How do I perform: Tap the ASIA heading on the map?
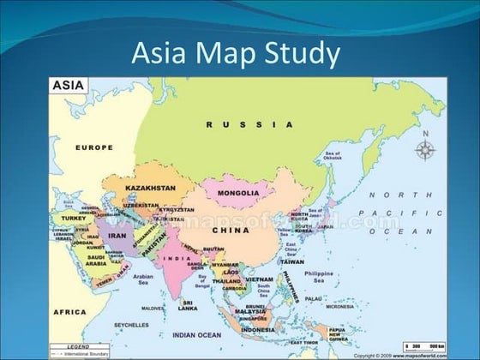point(69,86)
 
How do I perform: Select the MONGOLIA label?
point(237,193)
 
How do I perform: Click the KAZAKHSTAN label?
point(150,187)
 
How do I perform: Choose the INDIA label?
point(177,258)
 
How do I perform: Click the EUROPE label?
point(93,147)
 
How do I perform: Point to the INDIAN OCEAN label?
point(196,334)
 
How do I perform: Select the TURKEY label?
point(75,219)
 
